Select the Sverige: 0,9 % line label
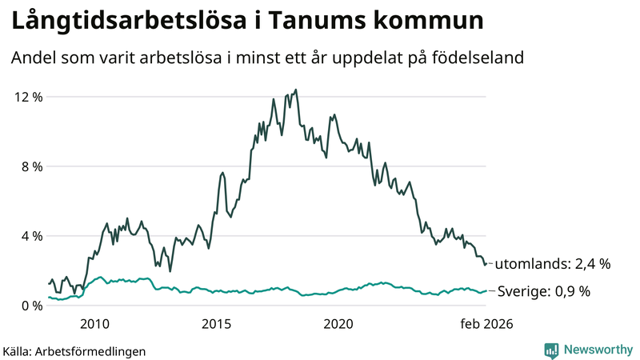point(544,291)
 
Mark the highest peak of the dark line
point(296,90)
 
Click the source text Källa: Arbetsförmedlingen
point(74,350)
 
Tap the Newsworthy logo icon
point(551,350)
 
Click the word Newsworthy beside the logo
point(596,350)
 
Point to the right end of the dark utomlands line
point(486,264)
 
